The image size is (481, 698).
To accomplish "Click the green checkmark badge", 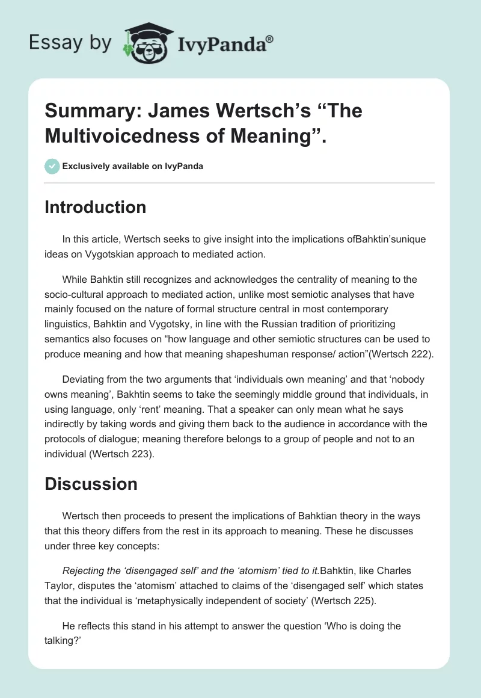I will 52,166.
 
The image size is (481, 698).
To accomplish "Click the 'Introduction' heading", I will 96,207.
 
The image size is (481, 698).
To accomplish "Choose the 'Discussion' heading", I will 91,484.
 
